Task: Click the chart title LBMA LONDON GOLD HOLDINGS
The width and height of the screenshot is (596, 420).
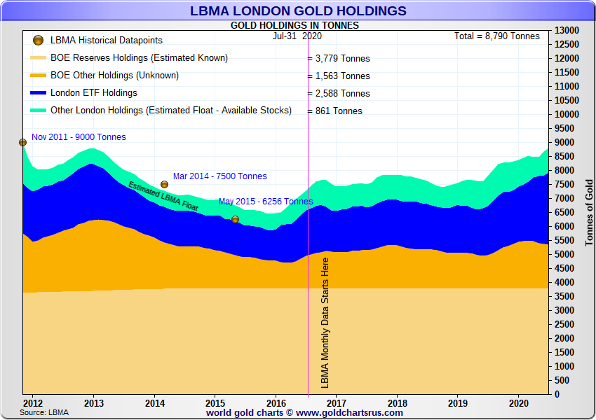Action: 298,10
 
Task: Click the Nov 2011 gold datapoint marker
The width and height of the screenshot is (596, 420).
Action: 22,142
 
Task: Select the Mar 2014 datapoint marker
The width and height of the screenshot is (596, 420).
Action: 164,184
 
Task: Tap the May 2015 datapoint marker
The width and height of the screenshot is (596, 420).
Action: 236,219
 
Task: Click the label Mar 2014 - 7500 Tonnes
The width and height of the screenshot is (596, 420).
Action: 219,176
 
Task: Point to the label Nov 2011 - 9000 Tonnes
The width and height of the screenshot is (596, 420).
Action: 79,137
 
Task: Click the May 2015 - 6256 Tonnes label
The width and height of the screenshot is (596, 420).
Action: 266,202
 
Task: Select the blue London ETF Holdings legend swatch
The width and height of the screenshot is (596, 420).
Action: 39,93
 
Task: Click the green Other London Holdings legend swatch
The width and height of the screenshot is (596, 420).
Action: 39,111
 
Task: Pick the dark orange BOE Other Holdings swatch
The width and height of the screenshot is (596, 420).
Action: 39,76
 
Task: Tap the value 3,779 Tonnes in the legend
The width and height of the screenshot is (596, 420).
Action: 341,59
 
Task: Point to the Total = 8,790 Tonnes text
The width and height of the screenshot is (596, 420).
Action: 497,36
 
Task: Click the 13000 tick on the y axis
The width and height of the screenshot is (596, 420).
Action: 567,31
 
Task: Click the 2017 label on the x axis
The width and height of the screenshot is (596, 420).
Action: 337,403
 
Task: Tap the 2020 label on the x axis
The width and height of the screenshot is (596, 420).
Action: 518,403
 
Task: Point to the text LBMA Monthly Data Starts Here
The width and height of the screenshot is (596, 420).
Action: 325,323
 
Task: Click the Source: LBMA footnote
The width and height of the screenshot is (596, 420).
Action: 44,412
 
